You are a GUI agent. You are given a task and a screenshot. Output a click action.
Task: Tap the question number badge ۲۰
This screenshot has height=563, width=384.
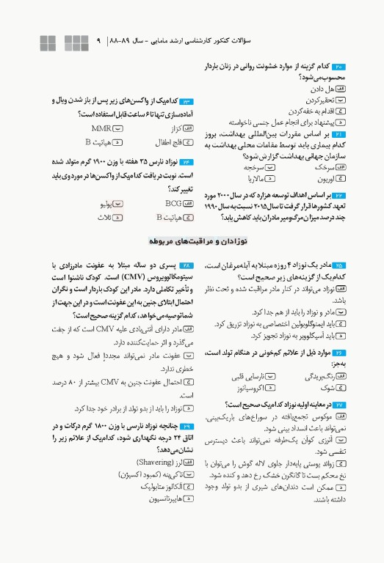[358, 66]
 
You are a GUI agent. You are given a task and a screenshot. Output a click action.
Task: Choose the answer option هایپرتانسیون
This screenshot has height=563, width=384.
[164, 498]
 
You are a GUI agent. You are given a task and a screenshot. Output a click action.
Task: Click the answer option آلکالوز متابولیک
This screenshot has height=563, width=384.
[162, 486]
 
